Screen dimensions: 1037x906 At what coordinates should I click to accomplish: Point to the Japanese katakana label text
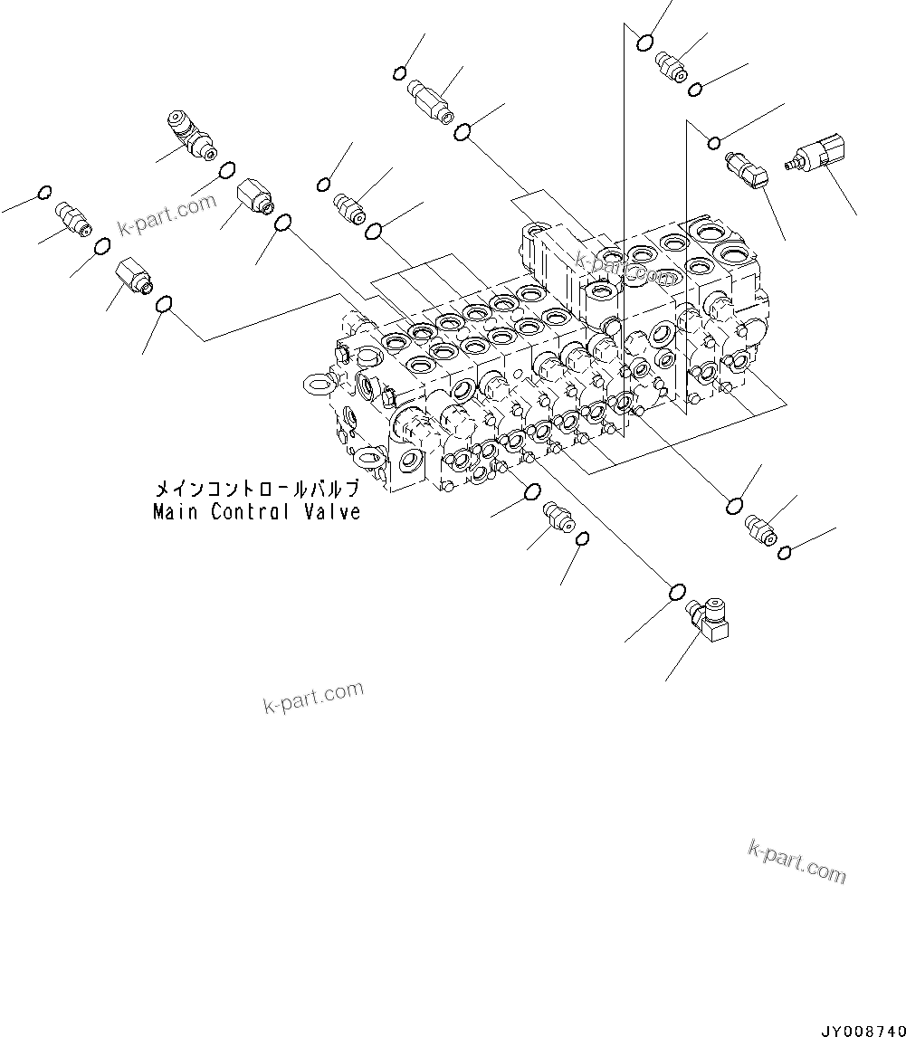(x=257, y=489)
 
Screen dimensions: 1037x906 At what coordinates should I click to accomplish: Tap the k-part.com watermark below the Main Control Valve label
(x=313, y=697)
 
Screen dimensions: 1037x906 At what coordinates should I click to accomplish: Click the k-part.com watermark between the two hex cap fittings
(x=166, y=215)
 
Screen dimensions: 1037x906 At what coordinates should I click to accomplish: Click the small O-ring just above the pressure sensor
(x=714, y=141)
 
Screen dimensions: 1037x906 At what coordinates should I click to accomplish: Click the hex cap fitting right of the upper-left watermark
(x=253, y=197)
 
